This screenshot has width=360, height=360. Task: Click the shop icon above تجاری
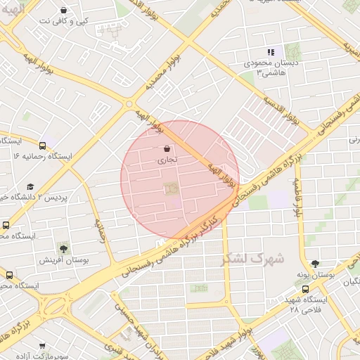pos(167,149)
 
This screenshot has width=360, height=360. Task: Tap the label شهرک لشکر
pos(252,259)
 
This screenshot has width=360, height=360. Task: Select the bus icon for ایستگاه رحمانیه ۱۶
pos(43,146)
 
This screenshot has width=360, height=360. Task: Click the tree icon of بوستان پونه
pos(314,263)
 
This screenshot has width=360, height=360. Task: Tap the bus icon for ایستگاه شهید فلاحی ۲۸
pos(305,288)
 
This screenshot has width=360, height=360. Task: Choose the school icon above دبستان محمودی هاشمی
pos(271,52)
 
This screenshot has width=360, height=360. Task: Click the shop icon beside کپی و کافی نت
pos(64,11)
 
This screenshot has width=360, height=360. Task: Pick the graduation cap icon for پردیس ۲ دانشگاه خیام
pos(30,186)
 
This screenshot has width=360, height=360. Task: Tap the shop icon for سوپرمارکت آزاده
pos(42,345)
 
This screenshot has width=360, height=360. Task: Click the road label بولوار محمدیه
pos(163,70)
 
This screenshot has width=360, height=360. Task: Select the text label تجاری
pos(167,160)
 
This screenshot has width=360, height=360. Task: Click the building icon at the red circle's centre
pos(169,188)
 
